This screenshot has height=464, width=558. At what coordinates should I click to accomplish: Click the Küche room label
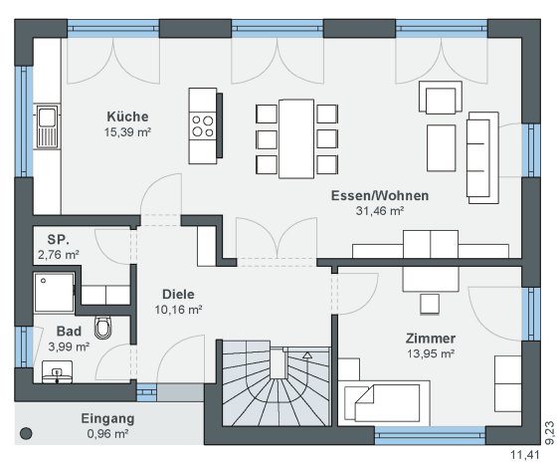click(x=127, y=116)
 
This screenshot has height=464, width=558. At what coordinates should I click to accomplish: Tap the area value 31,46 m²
click(x=380, y=211)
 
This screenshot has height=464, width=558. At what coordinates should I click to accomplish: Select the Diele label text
click(x=178, y=295)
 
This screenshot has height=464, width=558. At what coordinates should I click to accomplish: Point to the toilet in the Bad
click(x=103, y=328)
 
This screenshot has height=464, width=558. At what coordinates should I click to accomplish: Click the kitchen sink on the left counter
click(x=47, y=126)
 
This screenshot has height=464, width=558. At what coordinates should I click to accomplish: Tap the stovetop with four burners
click(x=203, y=126)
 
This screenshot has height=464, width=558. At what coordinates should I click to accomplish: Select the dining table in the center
click(x=296, y=138)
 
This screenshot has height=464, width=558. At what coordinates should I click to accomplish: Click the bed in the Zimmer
click(x=384, y=403)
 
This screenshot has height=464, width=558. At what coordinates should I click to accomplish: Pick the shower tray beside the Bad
click(x=55, y=292)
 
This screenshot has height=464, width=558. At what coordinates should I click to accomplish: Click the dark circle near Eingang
click(x=26, y=433)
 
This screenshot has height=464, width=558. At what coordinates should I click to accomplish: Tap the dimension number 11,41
click(x=525, y=455)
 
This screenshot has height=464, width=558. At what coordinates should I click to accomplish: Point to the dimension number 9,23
click(x=549, y=433)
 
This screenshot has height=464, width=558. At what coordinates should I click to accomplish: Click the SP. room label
click(x=59, y=240)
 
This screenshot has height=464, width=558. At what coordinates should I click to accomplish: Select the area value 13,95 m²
click(x=431, y=353)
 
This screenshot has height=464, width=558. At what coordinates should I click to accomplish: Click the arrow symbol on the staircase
click(x=307, y=354)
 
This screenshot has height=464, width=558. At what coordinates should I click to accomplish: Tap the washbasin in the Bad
click(x=57, y=371)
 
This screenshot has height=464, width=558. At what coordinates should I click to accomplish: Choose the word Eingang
click(x=107, y=419)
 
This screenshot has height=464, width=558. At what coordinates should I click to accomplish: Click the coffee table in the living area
click(x=442, y=148)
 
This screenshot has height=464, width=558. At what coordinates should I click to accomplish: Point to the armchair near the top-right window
click(x=441, y=98)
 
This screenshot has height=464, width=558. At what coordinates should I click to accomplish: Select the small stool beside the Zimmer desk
click(x=430, y=304)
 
